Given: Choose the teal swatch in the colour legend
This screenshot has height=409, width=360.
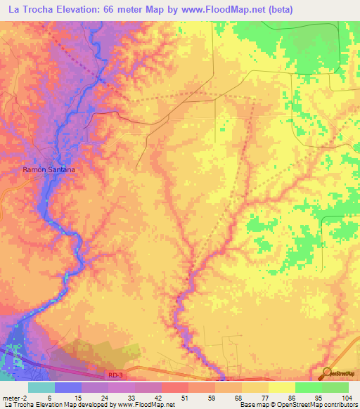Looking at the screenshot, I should click(x=41, y=387).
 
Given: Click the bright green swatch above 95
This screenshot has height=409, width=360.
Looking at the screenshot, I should click(x=309, y=387).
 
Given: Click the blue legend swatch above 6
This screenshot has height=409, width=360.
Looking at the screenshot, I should click(x=68, y=387).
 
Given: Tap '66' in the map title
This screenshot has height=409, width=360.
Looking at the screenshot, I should click(x=126, y=9).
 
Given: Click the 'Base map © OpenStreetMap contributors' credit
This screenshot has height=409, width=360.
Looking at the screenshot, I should click(x=296, y=405).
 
